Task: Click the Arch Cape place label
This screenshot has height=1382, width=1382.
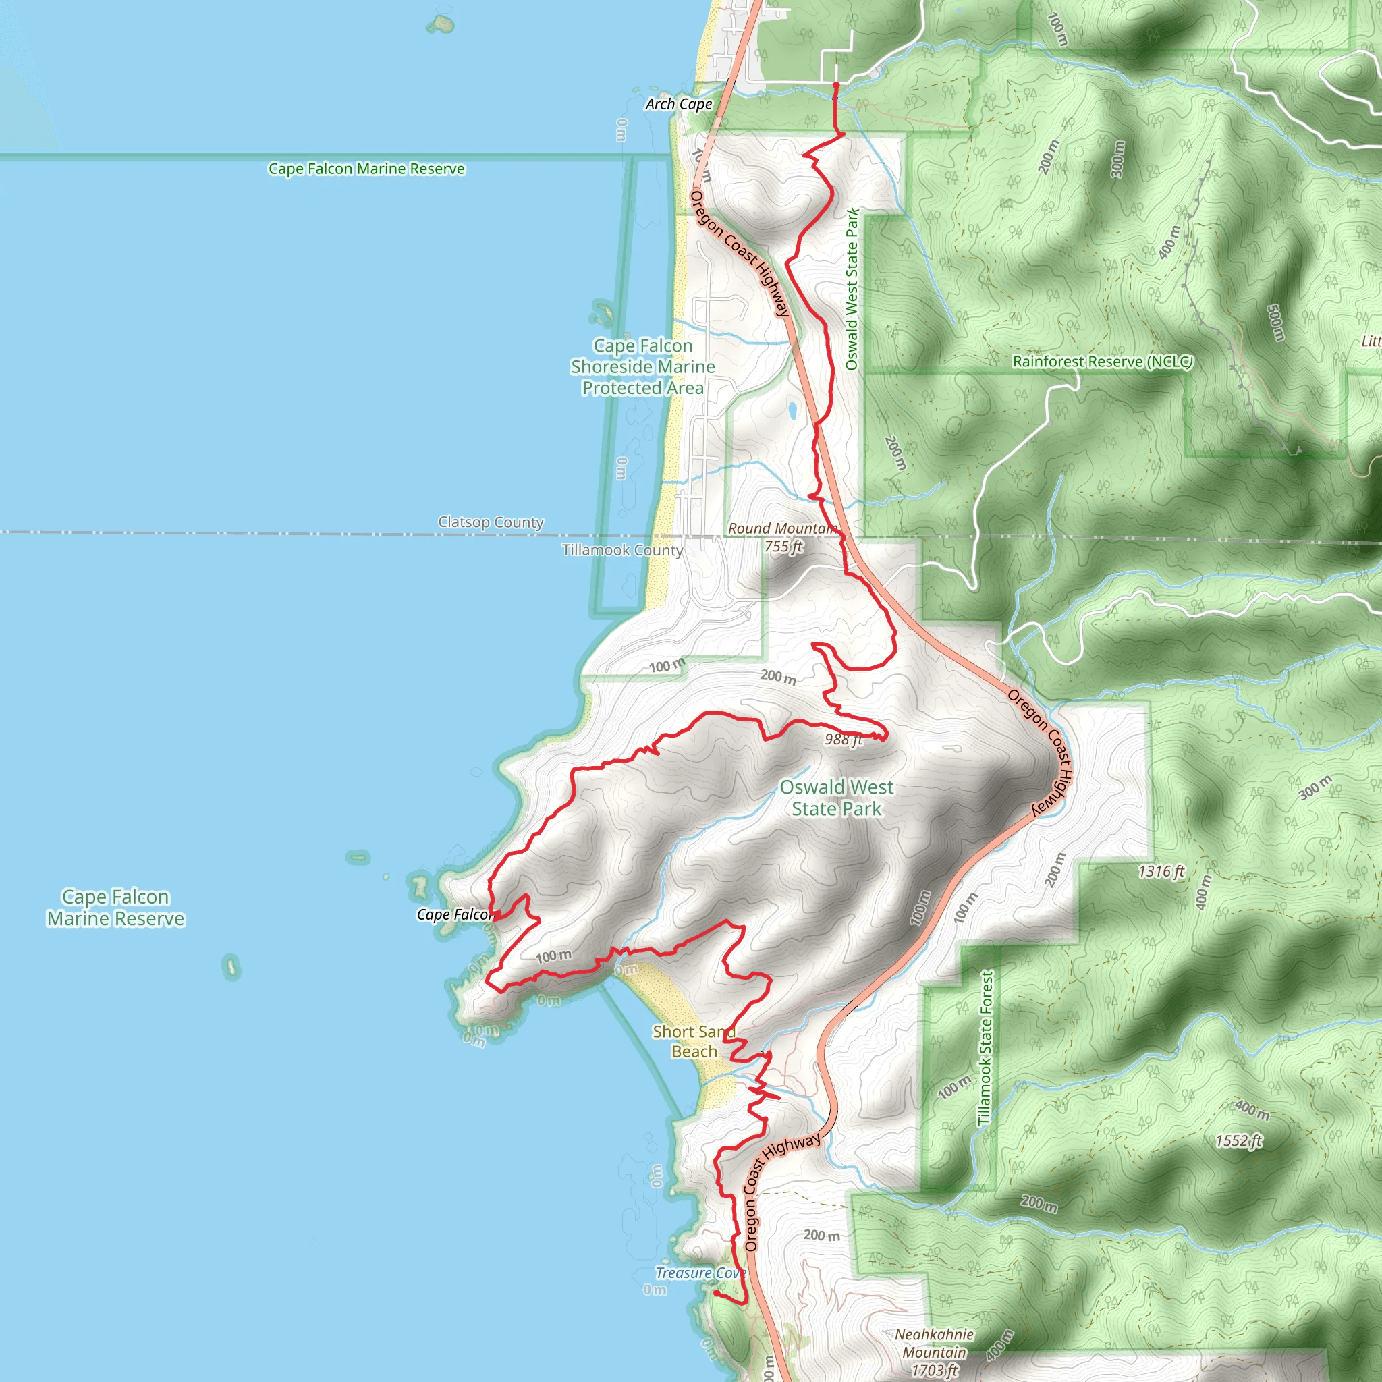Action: click(678, 105)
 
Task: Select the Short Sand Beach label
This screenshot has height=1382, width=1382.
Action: click(693, 1041)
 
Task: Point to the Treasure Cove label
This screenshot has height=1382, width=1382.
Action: click(700, 1273)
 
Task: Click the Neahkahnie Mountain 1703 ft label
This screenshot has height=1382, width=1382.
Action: click(934, 1352)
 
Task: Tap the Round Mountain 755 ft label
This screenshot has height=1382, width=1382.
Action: click(783, 537)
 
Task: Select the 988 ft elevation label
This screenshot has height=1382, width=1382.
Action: click(844, 740)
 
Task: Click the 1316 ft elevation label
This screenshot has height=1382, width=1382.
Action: click(1161, 871)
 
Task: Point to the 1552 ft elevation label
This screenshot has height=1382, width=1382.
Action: click(1239, 1141)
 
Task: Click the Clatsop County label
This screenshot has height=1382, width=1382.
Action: click(491, 522)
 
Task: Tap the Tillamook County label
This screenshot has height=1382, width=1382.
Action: click(622, 550)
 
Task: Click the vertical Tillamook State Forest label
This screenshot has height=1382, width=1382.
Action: click(986, 1048)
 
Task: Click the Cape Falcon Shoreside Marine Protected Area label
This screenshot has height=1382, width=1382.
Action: click(642, 367)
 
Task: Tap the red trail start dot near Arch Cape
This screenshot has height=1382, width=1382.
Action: click(836, 84)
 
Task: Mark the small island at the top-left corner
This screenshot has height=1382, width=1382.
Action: click(441, 24)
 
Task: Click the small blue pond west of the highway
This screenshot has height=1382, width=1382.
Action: click(792, 410)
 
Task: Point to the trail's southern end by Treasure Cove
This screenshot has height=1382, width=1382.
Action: click(716, 1292)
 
